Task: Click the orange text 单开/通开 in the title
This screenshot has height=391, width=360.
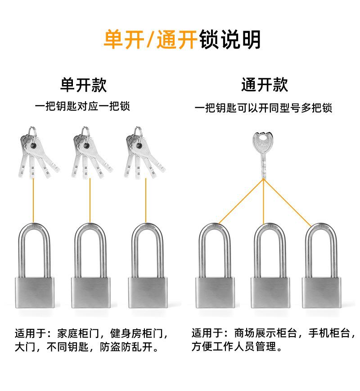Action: (151, 40)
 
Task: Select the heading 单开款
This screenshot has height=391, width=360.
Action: (84, 85)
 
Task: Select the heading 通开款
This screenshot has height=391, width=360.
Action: (265, 85)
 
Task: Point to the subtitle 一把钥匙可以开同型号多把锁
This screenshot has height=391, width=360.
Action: (264, 108)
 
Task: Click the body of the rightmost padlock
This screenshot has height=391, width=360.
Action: (320, 292)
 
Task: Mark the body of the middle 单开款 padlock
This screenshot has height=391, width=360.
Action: (90, 292)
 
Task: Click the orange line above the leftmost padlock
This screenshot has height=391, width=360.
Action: (34, 200)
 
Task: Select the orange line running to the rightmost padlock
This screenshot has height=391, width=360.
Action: (288, 202)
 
